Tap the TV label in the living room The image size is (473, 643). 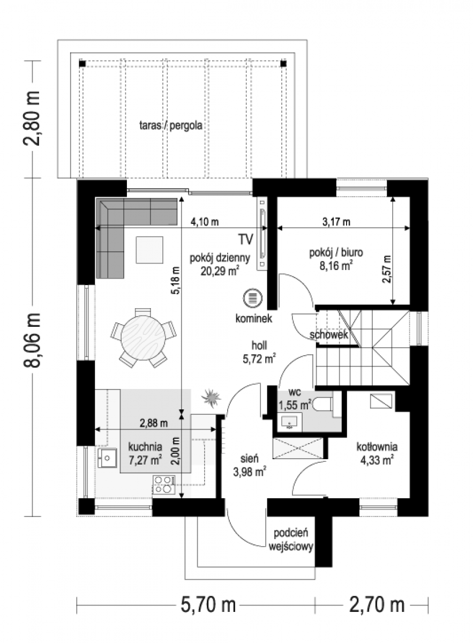(x=246, y=240)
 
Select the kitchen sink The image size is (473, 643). (x=107, y=458)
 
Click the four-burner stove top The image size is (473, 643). (x=164, y=484)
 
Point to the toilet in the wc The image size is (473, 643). (x=322, y=405)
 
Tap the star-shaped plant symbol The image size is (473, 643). (x=211, y=398)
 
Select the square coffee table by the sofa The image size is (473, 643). (x=149, y=250)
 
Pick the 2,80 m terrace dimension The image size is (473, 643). (x=31, y=118)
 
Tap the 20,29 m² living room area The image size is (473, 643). (x=220, y=271)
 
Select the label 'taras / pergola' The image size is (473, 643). (x=171, y=125)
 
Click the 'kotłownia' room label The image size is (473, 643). (x=377, y=447)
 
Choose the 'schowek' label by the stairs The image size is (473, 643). (x=329, y=334)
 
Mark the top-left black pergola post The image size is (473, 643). (x=82, y=63)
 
